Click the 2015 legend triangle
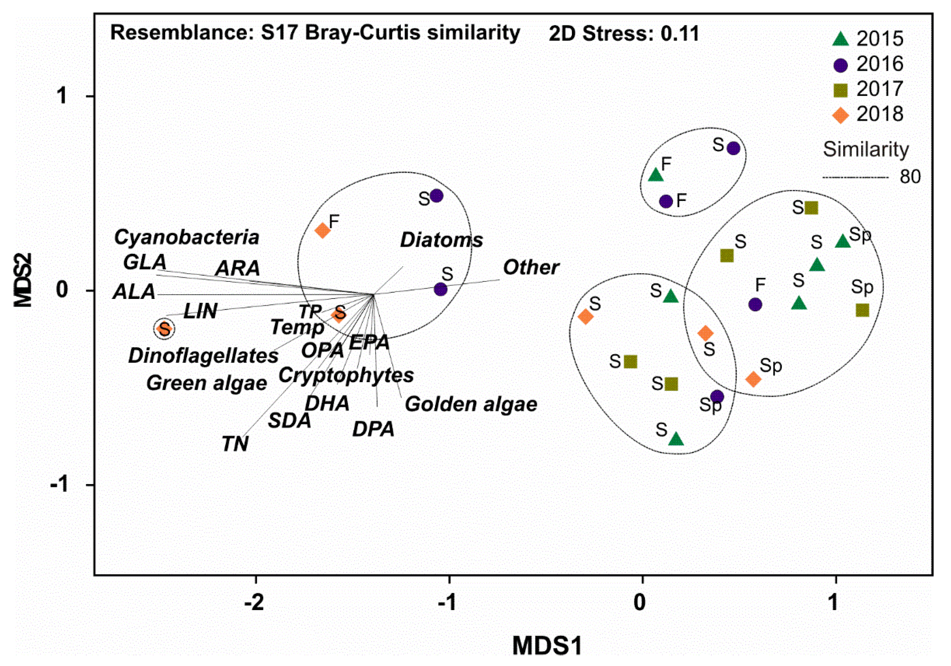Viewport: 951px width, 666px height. pos(840,39)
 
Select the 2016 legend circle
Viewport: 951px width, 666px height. pos(840,65)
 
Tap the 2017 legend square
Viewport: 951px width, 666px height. pos(840,90)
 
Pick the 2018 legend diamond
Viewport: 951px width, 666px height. pos(840,115)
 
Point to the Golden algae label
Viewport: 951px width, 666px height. pos(471,404)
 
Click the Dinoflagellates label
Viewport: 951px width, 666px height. pos(203,356)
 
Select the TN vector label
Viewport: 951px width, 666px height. pos(235,444)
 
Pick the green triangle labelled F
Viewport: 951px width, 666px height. pos(656,175)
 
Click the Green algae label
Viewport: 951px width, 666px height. pos(207,383)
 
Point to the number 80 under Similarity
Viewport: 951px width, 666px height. pos(910,177)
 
